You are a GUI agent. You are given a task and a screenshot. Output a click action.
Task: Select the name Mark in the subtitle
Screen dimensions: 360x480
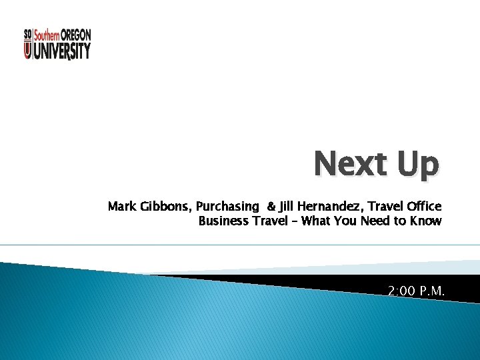(122, 207)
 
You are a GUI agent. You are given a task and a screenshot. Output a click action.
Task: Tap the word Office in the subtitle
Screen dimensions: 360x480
(425, 207)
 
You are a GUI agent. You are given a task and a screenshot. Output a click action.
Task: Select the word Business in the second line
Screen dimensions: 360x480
(223, 221)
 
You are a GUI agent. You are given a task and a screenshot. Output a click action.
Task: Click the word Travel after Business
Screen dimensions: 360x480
(271, 221)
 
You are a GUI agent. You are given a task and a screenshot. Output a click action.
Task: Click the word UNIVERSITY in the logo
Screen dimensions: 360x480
(62, 51)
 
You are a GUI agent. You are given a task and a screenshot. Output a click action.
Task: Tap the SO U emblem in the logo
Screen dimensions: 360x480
(27, 44)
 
